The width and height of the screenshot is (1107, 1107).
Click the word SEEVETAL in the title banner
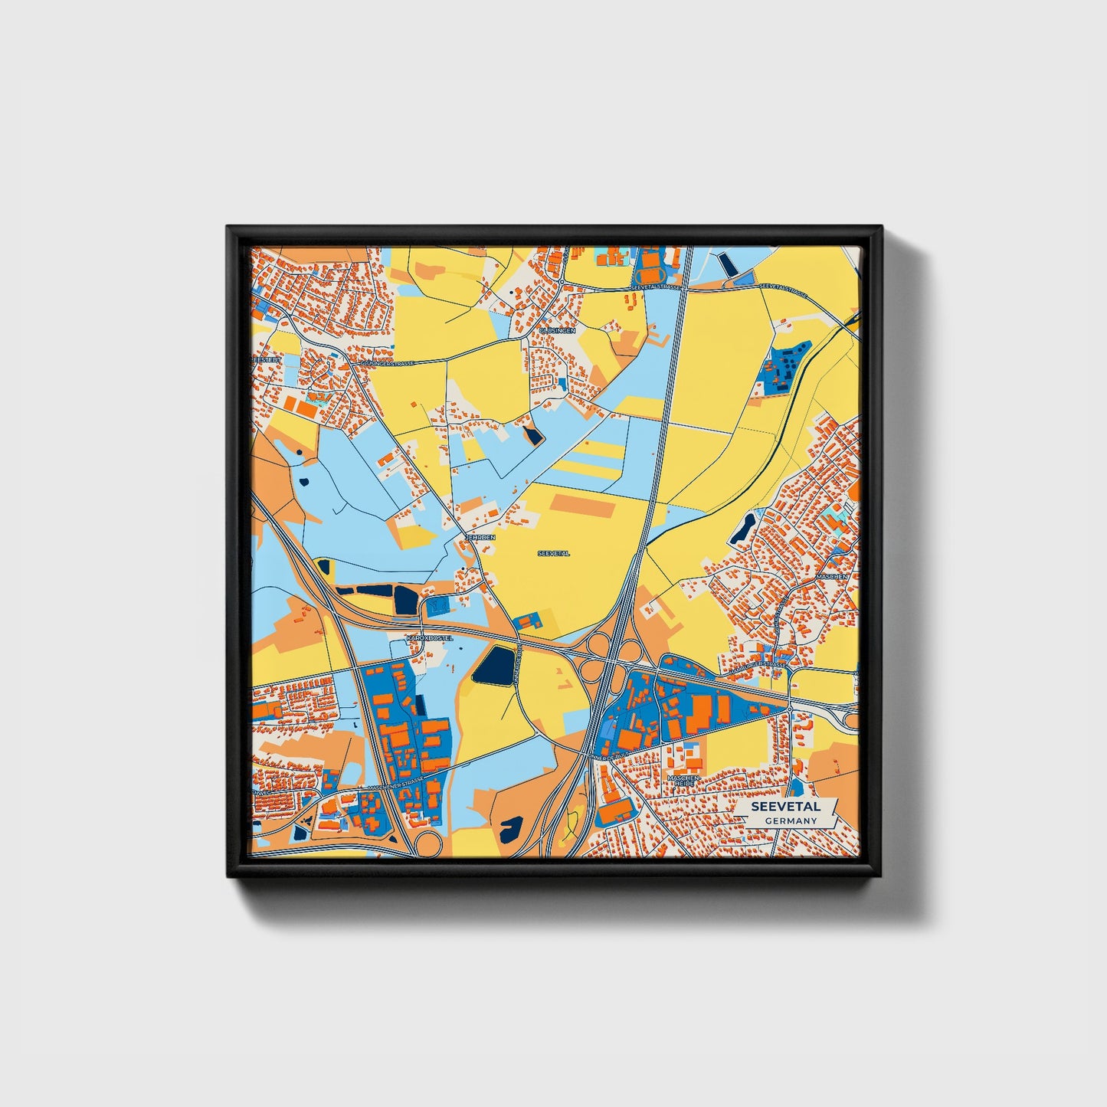click(x=785, y=807)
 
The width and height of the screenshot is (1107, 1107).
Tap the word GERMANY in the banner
click(x=791, y=820)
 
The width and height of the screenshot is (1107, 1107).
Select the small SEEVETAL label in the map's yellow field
click(x=553, y=553)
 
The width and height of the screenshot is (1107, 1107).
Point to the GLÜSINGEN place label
click(x=557, y=330)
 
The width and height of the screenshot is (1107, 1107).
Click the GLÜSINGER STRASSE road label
click(x=387, y=362)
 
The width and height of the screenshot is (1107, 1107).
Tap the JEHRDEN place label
click(x=481, y=538)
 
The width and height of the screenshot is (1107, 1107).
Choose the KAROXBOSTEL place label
click(x=430, y=637)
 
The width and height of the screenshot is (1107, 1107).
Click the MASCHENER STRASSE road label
click(x=395, y=784)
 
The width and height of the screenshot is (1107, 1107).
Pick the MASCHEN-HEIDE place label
click(x=683, y=781)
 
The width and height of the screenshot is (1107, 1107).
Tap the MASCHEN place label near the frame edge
click(x=832, y=576)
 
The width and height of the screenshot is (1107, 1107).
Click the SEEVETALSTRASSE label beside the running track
click(x=654, y=287)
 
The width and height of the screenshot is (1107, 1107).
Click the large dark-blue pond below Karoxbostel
click(x=493, y=665)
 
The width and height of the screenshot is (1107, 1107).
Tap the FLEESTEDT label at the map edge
click(x=267, y=359)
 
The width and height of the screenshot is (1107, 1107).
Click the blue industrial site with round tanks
click(x=783, y=367)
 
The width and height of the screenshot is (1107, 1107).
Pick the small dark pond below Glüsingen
click(x=532, y=436)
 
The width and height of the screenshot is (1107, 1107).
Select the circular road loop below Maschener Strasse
click(x=427, y=844)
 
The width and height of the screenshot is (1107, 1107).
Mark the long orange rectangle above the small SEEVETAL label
click(x=583, y=505)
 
